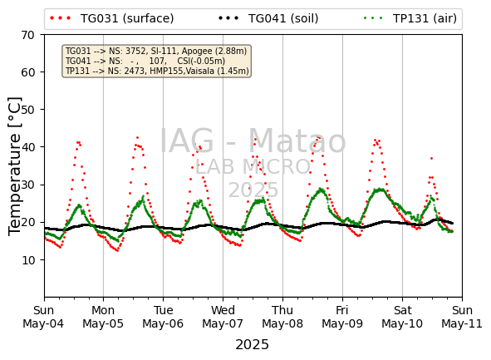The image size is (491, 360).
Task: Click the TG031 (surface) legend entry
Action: (x=112, y=18)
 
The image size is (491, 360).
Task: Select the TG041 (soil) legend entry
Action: (x=268, y=18)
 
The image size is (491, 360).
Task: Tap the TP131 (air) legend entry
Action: (x=410, y=18)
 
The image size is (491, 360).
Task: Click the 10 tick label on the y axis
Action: (x=28, y=259)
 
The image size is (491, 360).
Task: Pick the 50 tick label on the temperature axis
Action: (x=28, y=110)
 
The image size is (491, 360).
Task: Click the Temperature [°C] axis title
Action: (x=15, y=166)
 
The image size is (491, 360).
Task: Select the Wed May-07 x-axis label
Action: (x=223, y=317)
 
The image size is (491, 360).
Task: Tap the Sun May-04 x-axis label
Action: (x=43, y=317)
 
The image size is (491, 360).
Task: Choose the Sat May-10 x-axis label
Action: (x=402, y=317)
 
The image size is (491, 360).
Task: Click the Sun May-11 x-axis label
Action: (x=462, y=317)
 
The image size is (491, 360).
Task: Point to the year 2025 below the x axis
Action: (x=252, y=345)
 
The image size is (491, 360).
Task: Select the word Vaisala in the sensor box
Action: (x=199, y=71)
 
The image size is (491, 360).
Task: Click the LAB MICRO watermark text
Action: (x=253, y=166)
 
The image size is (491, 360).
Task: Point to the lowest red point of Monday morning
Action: (x=117, y=250)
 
